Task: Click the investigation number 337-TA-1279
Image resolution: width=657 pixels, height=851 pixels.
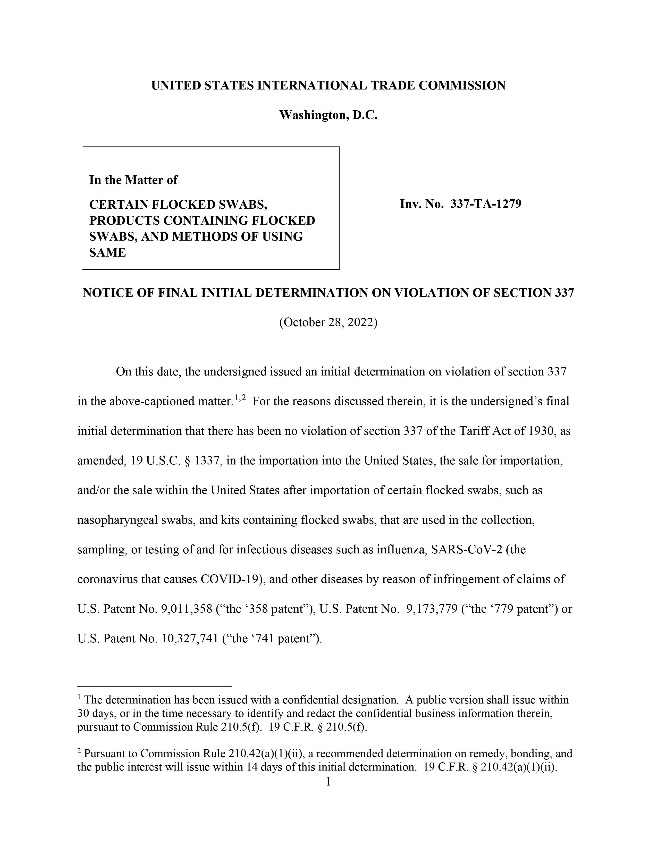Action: click(485, 204)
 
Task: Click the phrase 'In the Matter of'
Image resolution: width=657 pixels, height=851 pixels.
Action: click(133, 180)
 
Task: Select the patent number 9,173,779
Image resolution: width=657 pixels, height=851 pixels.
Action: click(432, 609)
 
